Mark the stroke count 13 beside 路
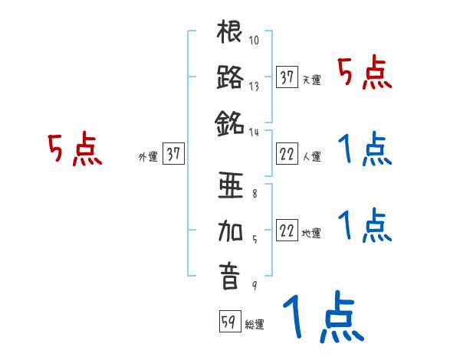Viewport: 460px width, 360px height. point(255,86)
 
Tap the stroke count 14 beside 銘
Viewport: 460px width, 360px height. point(255,132)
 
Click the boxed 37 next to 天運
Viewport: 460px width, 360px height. point(287,77)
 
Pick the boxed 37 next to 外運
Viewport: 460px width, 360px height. point(173,154)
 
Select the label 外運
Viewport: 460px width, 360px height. point(147,156)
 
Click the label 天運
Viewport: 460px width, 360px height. point(311,80)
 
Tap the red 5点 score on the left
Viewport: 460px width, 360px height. point(74,149)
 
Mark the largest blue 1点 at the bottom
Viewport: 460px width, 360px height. point(322,319)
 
